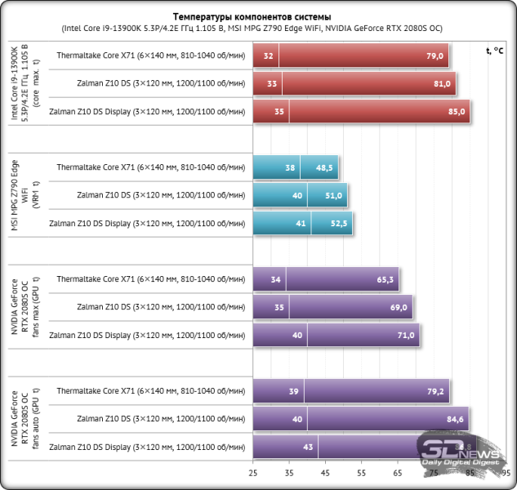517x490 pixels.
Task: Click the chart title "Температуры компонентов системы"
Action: pyautogui.click(x=258, y=17)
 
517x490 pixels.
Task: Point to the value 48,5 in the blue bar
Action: pyautogui.click(x=323, y=167)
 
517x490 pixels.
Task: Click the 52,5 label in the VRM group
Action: pyautogui.click(x=338, y=222)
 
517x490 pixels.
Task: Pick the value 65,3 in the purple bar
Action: pyautogui.click(x=386, y=279)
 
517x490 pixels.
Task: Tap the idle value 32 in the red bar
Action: pyautogui.click(x=268, y=56)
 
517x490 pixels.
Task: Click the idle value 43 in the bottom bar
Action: pyautogui.click(x=308, y=447)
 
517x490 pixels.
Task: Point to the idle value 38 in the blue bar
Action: pyautogui.click(x=290, y=167)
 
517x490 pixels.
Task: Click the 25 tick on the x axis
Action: pyautogui.click(x=253, y=473)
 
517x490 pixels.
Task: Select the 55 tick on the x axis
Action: pyautogui.click(x=361, y=473)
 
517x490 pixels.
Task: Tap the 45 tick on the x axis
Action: pyautogui.click(x=325, y=473)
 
